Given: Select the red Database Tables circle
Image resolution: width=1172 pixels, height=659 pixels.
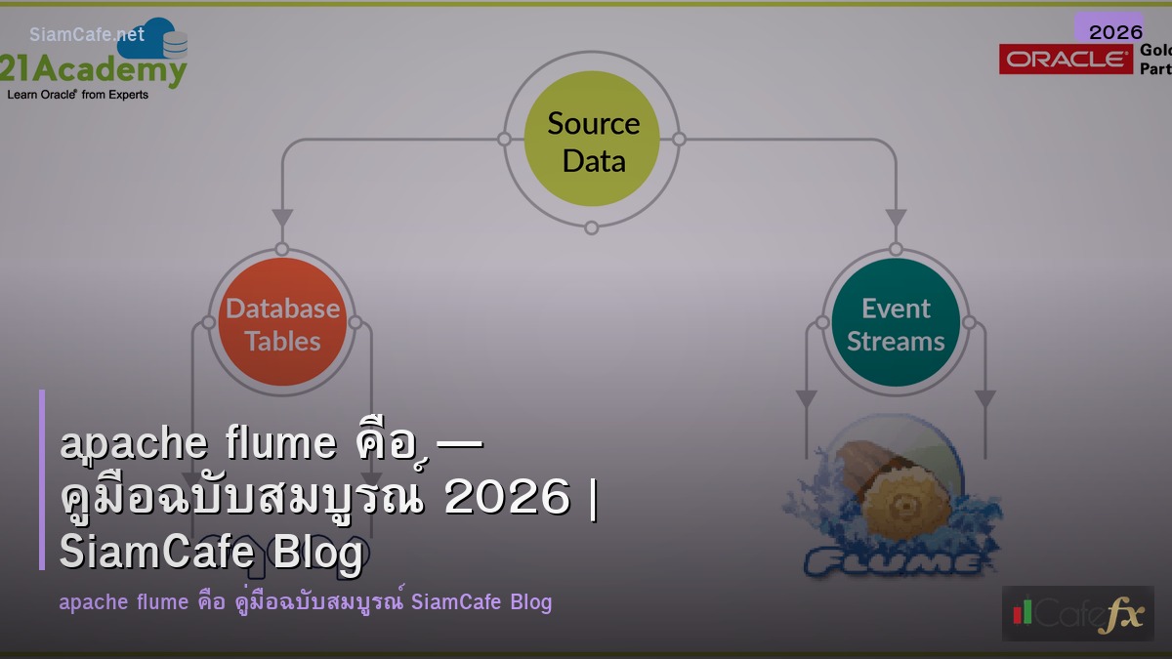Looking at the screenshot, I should pos(282,323).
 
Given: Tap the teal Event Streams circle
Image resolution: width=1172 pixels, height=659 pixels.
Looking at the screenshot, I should pos(896,323).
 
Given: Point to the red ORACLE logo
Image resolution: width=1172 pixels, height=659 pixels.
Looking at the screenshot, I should pos(1066,60).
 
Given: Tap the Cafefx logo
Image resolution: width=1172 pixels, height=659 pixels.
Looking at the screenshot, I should pos(1077,613).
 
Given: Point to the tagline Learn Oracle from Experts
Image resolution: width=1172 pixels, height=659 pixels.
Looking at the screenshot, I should pos(78,95).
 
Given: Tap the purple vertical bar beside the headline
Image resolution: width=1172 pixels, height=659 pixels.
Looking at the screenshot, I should pos(42,479).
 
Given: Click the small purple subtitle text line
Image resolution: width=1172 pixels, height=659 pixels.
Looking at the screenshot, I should pos(305,601).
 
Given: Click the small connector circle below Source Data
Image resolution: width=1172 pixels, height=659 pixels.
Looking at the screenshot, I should pos(592,227).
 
